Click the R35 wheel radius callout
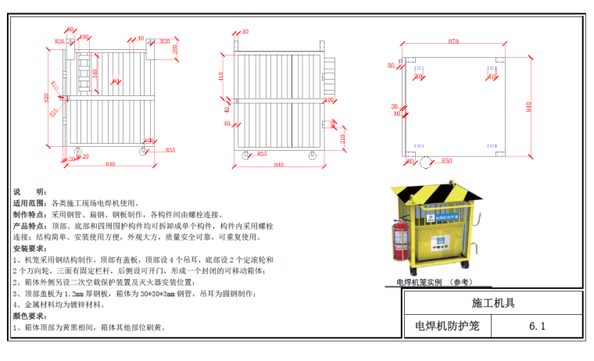[170, 150]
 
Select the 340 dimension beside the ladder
[95, 73]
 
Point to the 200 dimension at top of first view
[176, 48]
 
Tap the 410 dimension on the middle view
[221, 76]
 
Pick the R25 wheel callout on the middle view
[263, 154]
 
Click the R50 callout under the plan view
[446, 160]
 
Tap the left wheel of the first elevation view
[77, 151]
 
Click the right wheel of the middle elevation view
[313, 155]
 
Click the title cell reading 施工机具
[493, 302]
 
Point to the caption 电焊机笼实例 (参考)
[435, 282]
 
